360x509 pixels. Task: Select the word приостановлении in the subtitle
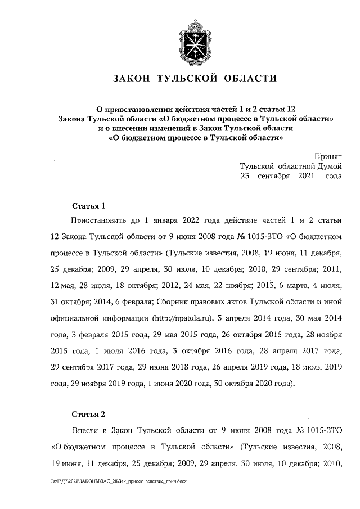point(147,109)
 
